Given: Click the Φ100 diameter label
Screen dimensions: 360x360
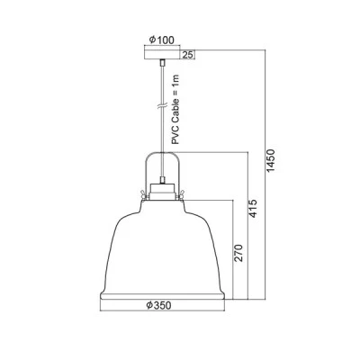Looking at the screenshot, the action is [x=161, y=40].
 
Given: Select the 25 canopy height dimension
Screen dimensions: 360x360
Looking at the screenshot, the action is [x=187, y=55].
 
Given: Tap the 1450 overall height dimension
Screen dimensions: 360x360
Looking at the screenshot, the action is [x=271, y=161].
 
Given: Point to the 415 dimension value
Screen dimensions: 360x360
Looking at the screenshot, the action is [x=254, y=208].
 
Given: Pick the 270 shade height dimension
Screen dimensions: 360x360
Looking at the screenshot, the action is [x=238, y=253].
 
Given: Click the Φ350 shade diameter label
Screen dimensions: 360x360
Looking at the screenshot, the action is [x=158, y=306].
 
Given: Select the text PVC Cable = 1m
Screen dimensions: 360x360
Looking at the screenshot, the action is [x=175, y=110].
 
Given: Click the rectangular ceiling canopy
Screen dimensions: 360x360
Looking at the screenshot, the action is [x=162, y=54].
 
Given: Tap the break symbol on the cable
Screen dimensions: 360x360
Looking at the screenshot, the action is [x=162, y=106].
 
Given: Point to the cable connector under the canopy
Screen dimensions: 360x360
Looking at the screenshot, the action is [x=162, y=62].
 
